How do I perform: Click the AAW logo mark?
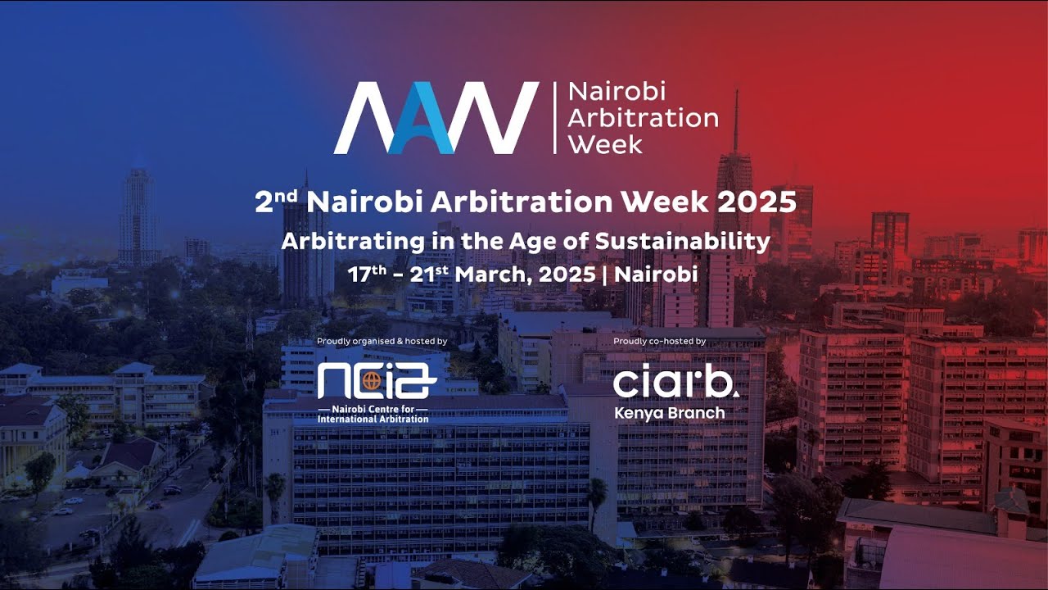coord(436,118)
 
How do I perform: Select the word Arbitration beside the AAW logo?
coord(643,117)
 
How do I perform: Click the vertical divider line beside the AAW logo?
coord(554,118)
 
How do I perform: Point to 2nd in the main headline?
coord(276,202)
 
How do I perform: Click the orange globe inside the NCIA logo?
coord(373,381)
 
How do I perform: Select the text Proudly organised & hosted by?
coord(382,341)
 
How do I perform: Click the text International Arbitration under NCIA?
coord(373,419)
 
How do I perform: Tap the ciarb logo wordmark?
coord(675,383)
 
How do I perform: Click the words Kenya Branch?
coord(669,413)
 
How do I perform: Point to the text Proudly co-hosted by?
coord(659,341)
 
